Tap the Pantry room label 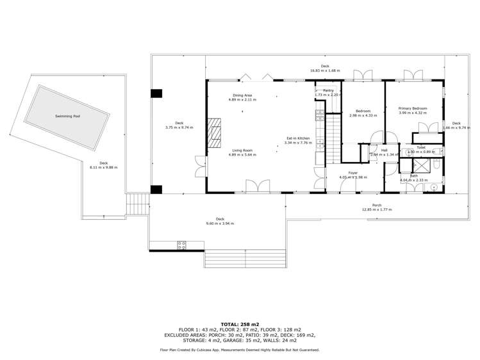point(328,91)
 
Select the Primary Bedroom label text point(412,108)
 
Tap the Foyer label point(352,172)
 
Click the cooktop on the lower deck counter point(181,243)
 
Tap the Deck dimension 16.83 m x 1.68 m point(325,70)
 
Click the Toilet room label point(421,147)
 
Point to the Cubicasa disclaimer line point(240,350)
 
